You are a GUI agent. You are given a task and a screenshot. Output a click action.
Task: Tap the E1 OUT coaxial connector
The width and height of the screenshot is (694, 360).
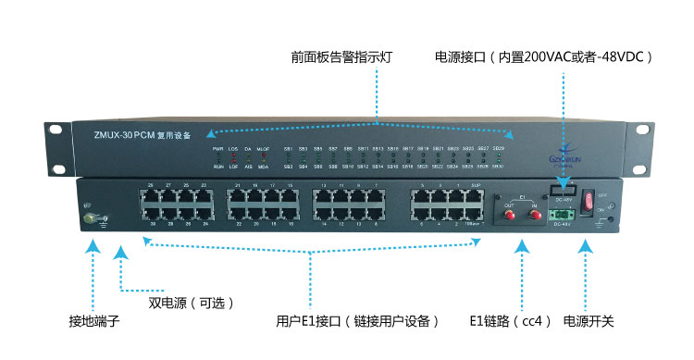[x=508, y=214]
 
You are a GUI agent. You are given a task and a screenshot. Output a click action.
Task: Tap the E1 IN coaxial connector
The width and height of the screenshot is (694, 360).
[x=534, y=214]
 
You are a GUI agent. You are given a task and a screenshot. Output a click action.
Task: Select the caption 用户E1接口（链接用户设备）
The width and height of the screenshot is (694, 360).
[x=356, y=321]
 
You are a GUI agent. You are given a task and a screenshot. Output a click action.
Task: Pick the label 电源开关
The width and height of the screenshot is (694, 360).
[x=589, y=321]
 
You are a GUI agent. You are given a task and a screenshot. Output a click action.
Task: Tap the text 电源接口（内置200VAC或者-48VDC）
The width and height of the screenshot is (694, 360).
[x=544, y=57]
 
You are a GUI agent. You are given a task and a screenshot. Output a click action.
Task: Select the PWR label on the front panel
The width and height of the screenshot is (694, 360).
[x=217, y=148]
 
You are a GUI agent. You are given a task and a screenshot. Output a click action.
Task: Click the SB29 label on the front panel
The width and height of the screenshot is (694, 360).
[x=499, y=148]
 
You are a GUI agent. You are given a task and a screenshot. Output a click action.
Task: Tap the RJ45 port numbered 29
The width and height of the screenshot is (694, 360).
[x=152, y=196]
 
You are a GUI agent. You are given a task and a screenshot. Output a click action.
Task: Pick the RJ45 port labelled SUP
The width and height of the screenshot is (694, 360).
[x=476, y=196]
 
